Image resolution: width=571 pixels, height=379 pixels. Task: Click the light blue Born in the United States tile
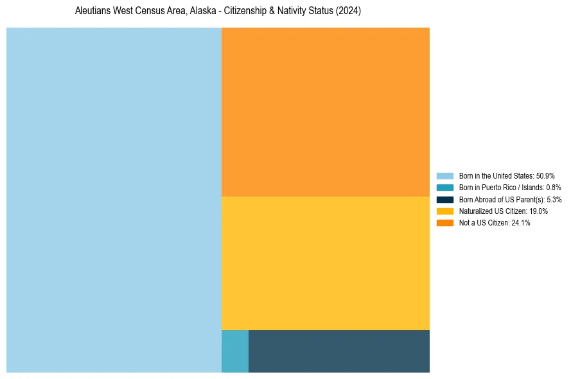click(x=114, y=200)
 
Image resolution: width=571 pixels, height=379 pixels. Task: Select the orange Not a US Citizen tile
click(x=325, y=112)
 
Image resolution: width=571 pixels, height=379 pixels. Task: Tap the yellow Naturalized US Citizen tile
click(x=325, y=263)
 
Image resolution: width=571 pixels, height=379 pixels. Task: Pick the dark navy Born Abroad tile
click(x=338, y=351)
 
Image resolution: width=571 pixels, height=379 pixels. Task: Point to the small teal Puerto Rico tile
click(x=234, y=351)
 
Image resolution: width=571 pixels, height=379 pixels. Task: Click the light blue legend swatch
click(x=444, y=176)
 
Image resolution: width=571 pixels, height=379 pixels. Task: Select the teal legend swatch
click(x=444, y=188)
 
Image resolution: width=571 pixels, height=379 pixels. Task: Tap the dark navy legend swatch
click(x=444, y=199)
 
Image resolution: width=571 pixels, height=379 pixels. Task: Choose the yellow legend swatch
click(x=444, y=211)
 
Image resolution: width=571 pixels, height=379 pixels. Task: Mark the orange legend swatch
click(x=444, y=222)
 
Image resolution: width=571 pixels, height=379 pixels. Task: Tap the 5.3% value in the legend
click(x=554, y=199)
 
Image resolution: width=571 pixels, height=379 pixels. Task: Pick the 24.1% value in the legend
click(x=521, y=222)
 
